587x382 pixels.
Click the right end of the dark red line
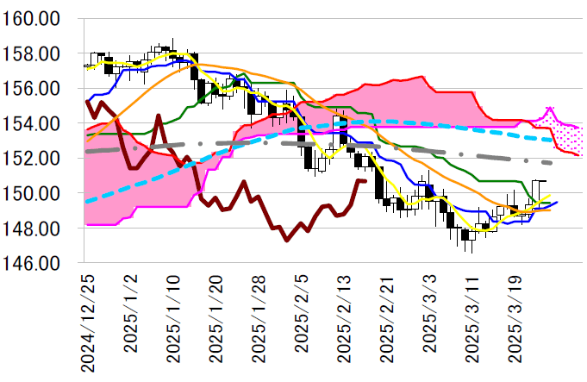click(x=365, y=181)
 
